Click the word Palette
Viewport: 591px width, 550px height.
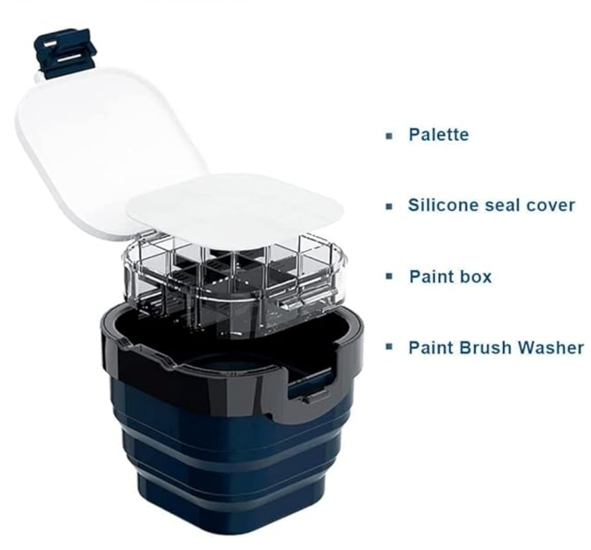[x=439, y=135]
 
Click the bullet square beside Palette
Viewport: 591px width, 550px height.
[x=390, y=136]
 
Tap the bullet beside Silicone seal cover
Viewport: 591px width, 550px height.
[x=390, y=206]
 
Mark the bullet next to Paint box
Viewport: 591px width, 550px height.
[x=390, y=276]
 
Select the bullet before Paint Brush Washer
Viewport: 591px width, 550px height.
[x=390, y=347]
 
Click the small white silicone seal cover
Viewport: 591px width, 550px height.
[x=236, y=211]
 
